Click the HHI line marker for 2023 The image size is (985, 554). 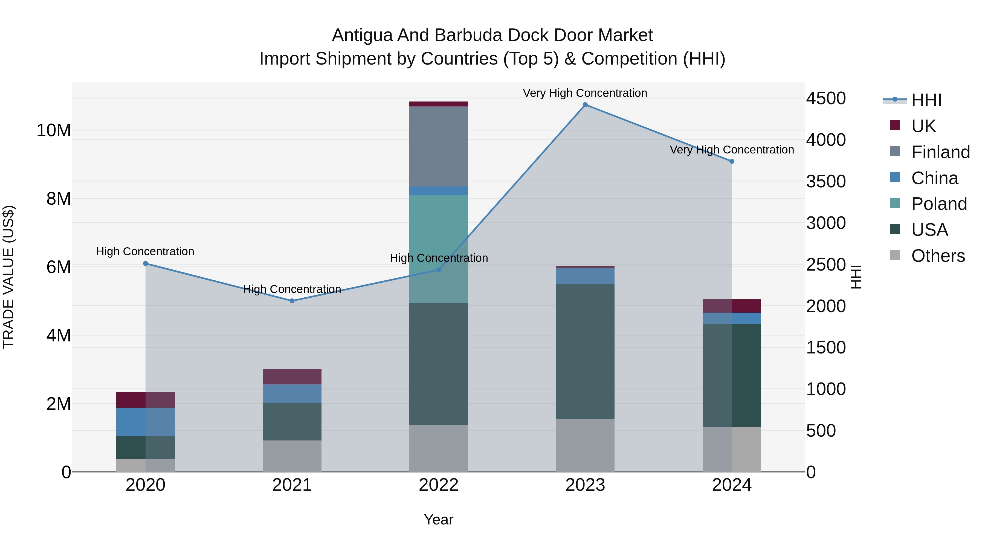(x=585, y=105)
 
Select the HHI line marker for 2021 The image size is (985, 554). (x=292, y=301)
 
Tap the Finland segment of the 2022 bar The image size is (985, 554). (x=439, y=146)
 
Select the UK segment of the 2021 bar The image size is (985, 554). (x=292, y=377)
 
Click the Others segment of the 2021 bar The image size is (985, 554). (x=292, y=456)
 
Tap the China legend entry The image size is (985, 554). (x=934, y=178)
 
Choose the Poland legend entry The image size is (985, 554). (x=939, y=204)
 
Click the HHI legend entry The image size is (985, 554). (x=926, y=100)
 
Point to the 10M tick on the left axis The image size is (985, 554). (x=54, y=130)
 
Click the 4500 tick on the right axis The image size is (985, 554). (x=826, y=98)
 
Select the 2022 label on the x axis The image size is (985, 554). (x=439, y=485)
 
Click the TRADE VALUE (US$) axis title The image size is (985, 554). (x=8, y=277)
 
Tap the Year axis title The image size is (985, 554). (x=439, y=520)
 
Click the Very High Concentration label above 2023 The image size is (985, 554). (x=585, y=93)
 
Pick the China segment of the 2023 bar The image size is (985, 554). (x=585, y=276)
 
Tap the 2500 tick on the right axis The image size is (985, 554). (x=826, y=265)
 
